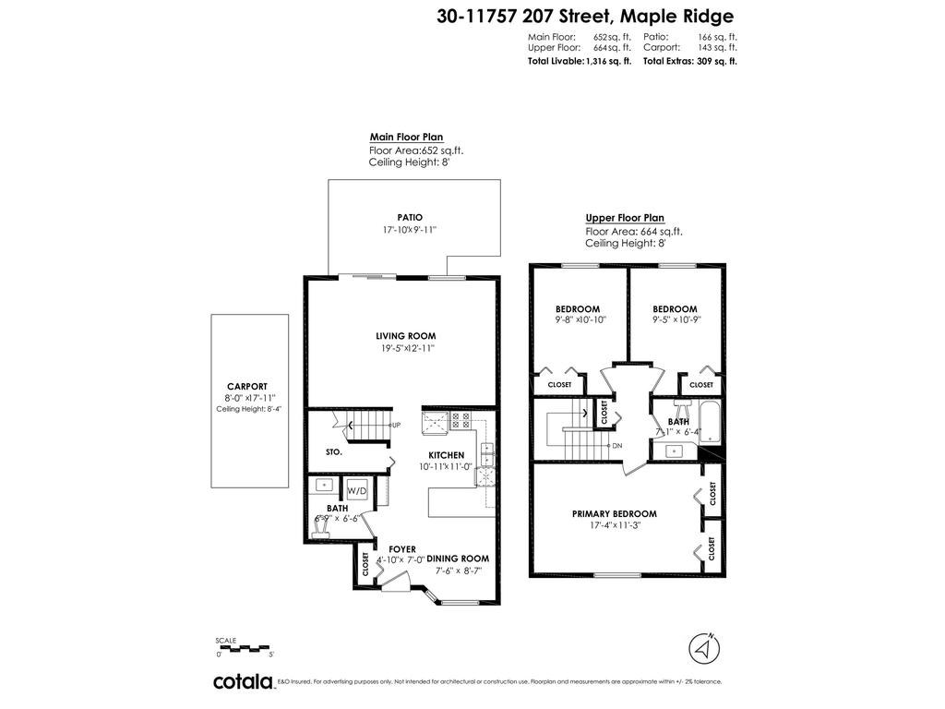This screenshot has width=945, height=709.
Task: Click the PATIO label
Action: (411, 217)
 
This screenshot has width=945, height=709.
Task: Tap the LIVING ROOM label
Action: (405, 336)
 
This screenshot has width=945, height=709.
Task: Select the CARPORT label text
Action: (246, 387)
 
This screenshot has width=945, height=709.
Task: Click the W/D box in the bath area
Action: (357, 491)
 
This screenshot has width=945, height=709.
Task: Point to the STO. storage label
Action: (334, 452)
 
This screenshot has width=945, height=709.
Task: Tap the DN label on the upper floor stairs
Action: (617, 446)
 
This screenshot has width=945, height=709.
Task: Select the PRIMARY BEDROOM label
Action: (614, 514)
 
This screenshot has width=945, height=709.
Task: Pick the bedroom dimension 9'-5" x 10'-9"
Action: (676, 320)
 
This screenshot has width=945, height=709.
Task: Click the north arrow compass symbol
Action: (705, 648)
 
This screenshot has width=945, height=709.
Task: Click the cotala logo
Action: (243, 682)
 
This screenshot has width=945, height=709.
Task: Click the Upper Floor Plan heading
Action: (624, 219)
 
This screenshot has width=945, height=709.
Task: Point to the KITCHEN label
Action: (446, 455)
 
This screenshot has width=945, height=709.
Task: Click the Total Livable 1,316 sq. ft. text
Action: (579, 61)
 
